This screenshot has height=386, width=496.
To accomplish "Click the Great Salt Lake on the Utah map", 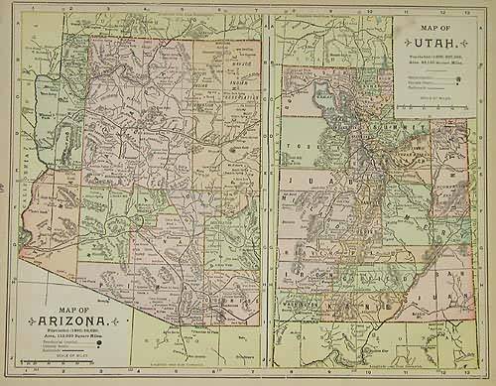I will [323, 99].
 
